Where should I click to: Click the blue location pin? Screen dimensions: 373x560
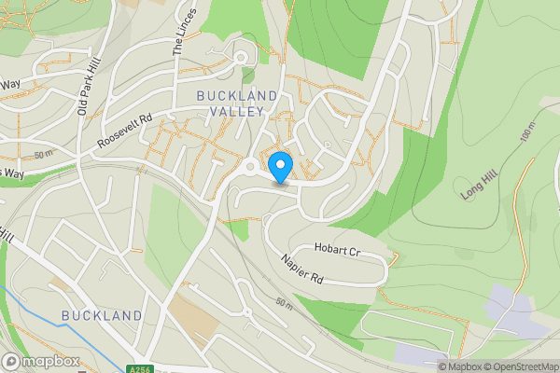281,167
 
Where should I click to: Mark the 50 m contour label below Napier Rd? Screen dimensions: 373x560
286,304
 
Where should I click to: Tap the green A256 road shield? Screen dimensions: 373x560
138,368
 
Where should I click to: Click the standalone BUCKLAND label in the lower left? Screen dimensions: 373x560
102,316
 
